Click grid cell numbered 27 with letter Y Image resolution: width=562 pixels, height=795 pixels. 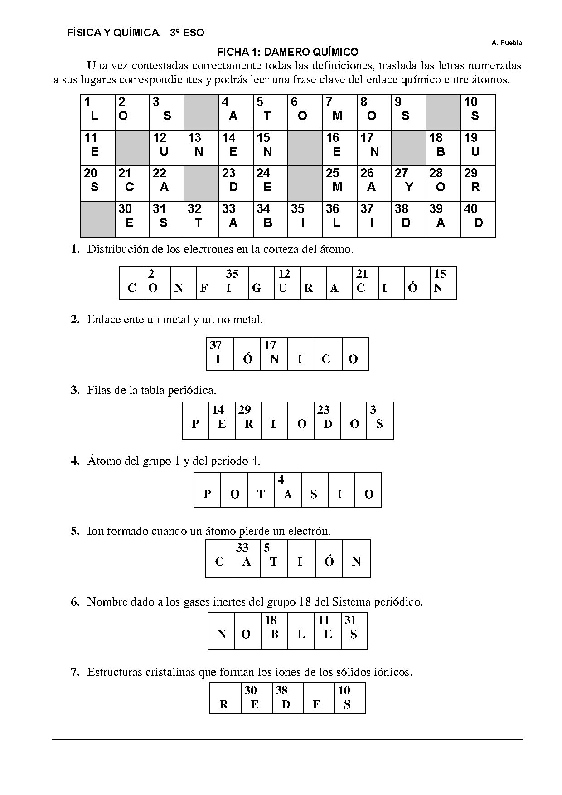408,183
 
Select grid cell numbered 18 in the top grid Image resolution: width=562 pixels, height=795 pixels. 443,148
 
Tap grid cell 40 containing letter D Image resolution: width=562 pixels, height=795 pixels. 478,219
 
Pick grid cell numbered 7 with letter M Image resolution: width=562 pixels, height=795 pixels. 339,112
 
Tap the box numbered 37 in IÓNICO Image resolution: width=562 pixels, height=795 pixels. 220,354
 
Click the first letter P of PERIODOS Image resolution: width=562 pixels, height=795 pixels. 196,421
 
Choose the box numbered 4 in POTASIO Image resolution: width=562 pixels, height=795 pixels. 288,490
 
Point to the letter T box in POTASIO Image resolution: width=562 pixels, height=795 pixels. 261,490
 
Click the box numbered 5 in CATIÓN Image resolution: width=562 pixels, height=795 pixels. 274,558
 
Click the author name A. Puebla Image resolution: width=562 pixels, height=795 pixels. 507,43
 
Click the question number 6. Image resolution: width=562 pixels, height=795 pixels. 75,602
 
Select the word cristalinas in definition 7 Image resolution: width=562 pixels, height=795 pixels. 171,672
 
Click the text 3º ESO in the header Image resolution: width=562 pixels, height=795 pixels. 187,33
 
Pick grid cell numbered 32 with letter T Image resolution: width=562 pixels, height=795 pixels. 201,219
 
